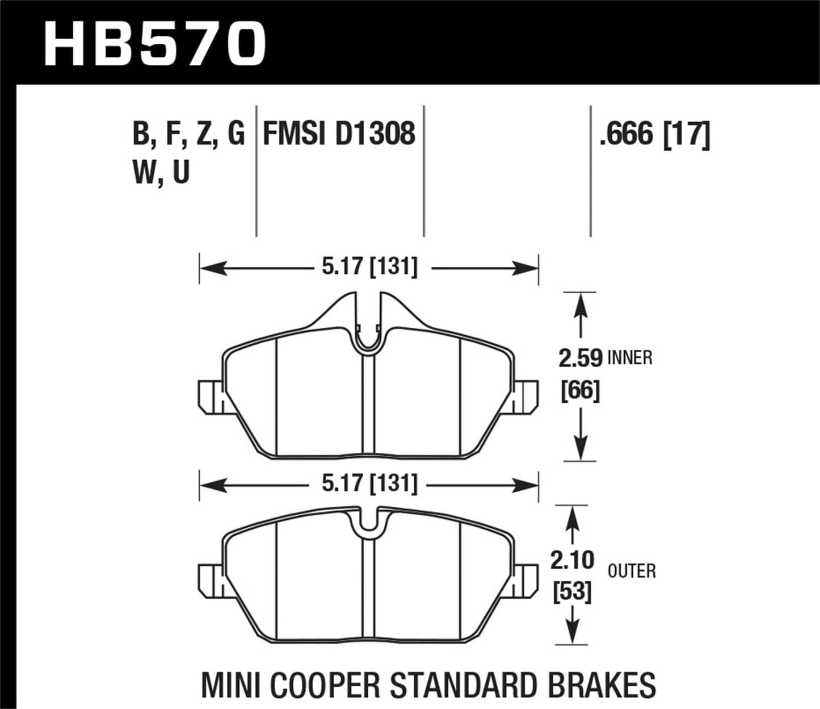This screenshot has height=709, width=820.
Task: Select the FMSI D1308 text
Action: coord(339,134)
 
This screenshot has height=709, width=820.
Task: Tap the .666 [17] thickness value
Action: coord(655,135)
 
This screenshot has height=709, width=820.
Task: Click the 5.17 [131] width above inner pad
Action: coord(369,266)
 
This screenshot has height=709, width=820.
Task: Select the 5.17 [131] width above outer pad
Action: coord(369,484)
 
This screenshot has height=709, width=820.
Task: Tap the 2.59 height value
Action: coord(580,358)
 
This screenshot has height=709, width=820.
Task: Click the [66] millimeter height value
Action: coord(580,391)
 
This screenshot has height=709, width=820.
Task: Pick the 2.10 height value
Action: coord(572,560)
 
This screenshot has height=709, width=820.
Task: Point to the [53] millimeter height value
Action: coord(572,592)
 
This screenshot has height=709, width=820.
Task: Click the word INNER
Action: coord(630,358)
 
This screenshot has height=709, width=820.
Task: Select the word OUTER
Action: coord(632,571)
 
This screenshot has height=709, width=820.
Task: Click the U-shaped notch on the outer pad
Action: coord(369,526)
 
